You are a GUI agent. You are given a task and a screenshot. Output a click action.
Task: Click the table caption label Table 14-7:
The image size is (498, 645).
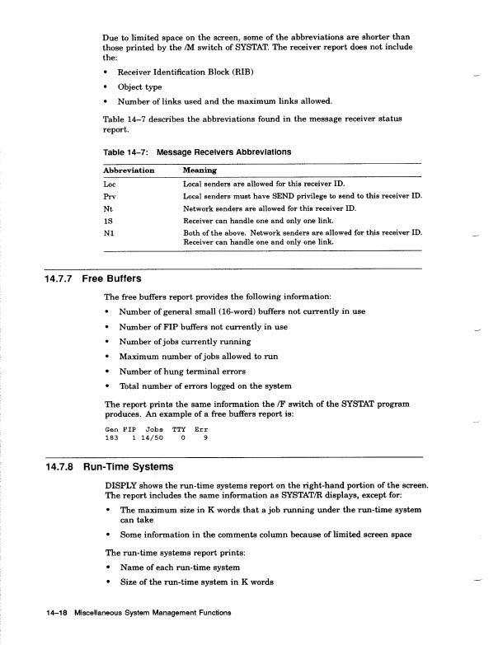point(124,152)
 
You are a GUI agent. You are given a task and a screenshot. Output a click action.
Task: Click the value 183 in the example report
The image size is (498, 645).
point(113,437)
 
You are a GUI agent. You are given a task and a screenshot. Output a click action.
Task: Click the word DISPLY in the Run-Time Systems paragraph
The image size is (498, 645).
point(122,486)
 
